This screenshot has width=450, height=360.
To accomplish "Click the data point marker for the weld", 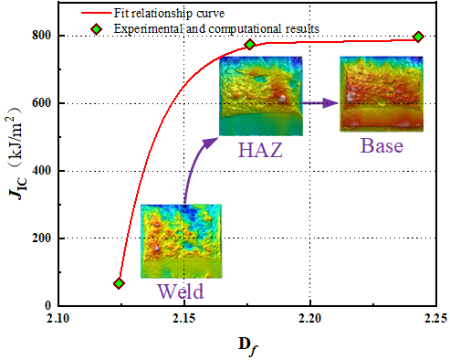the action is [x=119, y=283].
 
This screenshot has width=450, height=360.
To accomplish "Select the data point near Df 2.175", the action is [x=250, y=45].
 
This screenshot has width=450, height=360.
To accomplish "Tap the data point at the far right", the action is [x=418, y=37].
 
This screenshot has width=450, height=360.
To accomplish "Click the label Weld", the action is [x=181, y=291].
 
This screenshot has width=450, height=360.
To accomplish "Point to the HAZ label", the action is [x=260, y=149].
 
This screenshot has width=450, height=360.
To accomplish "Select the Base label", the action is [x=382, y=145].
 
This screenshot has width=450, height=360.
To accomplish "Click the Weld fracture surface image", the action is [x=181, y=241].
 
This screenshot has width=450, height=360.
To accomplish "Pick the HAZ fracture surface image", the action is [x=261, y=96].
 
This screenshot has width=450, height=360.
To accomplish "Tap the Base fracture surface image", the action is [x=382, y=94].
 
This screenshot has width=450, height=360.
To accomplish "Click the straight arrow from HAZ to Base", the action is [x=320, y=103].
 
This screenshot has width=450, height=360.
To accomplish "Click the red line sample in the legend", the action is [x=97, y=13].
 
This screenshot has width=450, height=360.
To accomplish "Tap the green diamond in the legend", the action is [x=97, y=29].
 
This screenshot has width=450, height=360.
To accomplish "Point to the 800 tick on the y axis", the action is [x=41, y=36].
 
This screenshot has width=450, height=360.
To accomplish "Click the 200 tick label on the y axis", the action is [x=41, y=238].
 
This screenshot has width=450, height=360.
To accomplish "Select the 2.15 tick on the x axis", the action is [x=184, y=318].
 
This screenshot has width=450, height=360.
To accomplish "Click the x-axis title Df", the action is [x=248, y=345].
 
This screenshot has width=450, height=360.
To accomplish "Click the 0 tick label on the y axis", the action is [x=48, y=305].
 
